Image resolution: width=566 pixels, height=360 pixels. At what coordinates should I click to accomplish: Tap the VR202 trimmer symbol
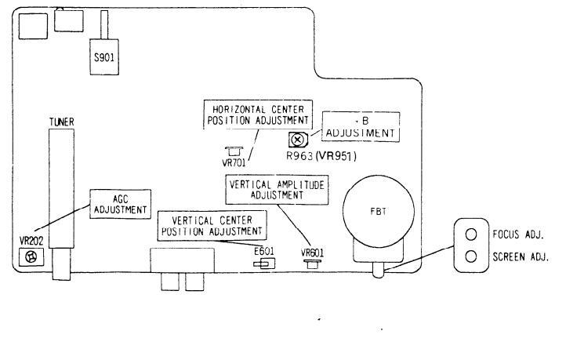pyautogui.click(x=32, y=256)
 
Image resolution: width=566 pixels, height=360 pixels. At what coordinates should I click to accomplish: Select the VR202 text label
pyautogui.click(x=31, y=240)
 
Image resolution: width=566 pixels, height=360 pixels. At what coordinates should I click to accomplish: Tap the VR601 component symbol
pyautogui.click(x=312, y=264)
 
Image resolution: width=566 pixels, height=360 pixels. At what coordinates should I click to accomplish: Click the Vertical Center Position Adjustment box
pyautogui.click(x=211, y=225)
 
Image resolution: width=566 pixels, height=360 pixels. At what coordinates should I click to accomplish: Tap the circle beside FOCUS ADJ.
pyautogui.click(x=472, y=235)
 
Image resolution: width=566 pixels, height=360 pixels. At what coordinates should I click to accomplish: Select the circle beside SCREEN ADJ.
pyautogui.click(x=472, y=256)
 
